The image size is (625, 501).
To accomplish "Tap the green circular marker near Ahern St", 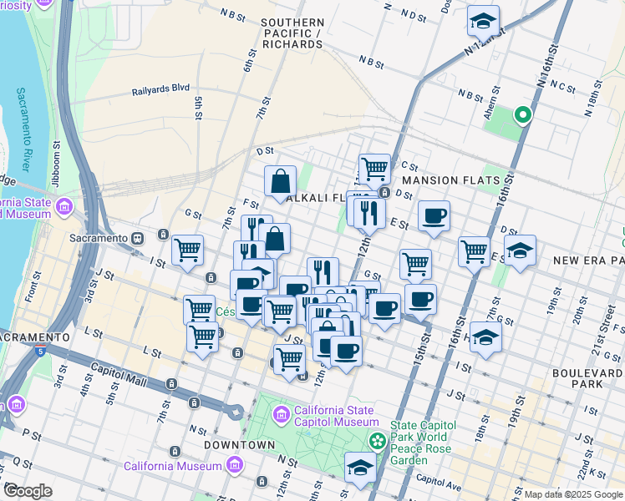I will click(523, 115).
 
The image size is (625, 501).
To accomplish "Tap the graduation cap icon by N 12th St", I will click(483, 18).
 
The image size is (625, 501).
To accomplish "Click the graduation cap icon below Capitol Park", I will click(360, 466).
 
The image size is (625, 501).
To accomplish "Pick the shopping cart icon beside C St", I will click(374, 168).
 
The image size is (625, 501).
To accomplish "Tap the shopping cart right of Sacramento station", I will click(188, 248).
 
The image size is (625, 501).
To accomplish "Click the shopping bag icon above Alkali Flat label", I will click(280, 180).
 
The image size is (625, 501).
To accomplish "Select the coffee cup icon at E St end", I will click(434, 215).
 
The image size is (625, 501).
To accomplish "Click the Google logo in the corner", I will click(28, 491).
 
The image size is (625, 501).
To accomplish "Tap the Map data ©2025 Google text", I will click(572, 494).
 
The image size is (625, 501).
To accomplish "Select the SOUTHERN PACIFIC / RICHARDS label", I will click(292, 33).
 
